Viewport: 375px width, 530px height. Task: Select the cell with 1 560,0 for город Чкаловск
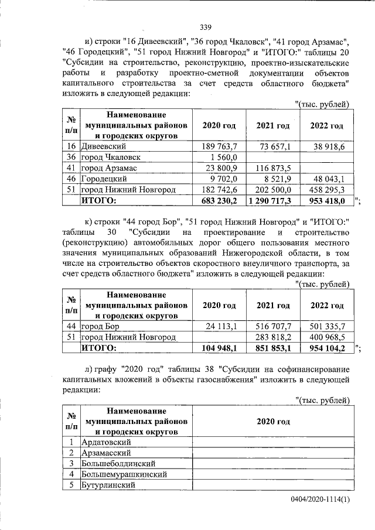(x=225, y=157)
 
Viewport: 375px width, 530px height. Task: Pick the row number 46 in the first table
(x=71, y=179)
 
